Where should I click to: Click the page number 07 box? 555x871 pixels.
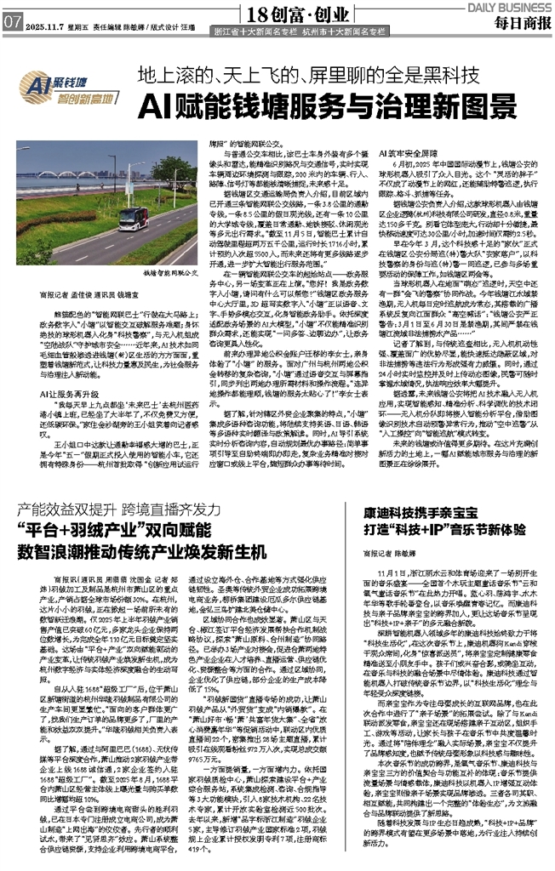click(12, 23)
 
